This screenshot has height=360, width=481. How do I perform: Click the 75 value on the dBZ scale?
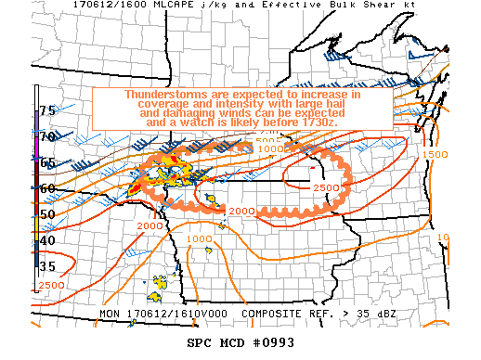(x=47, y=110)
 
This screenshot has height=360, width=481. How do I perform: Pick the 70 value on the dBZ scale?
(x=47, y=136)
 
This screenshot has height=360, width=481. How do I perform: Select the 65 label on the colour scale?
(x=47, y=162)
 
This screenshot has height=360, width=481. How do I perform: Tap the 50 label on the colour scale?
(x=47, y=214)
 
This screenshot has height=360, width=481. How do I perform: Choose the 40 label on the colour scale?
(x=47, y=240)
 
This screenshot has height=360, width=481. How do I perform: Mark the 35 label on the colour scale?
(x=47, y=266)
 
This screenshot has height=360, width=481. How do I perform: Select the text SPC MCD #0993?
(x=240, y=341)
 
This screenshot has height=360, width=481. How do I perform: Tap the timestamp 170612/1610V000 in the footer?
(x=178, y=314)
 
